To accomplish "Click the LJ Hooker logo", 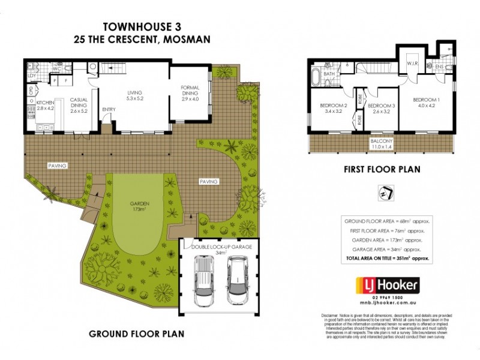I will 388,285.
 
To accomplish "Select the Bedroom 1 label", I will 427,103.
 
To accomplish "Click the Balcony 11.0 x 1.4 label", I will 382,143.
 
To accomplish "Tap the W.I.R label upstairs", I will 412,63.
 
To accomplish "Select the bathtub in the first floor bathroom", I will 316,77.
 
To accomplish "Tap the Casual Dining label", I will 79,106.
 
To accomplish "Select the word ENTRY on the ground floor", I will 109,109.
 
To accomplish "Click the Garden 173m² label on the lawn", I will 139,206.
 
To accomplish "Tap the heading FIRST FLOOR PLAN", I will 382,170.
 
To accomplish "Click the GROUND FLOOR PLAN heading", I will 136,333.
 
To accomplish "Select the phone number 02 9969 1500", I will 388,298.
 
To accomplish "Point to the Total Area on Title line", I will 387,257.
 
